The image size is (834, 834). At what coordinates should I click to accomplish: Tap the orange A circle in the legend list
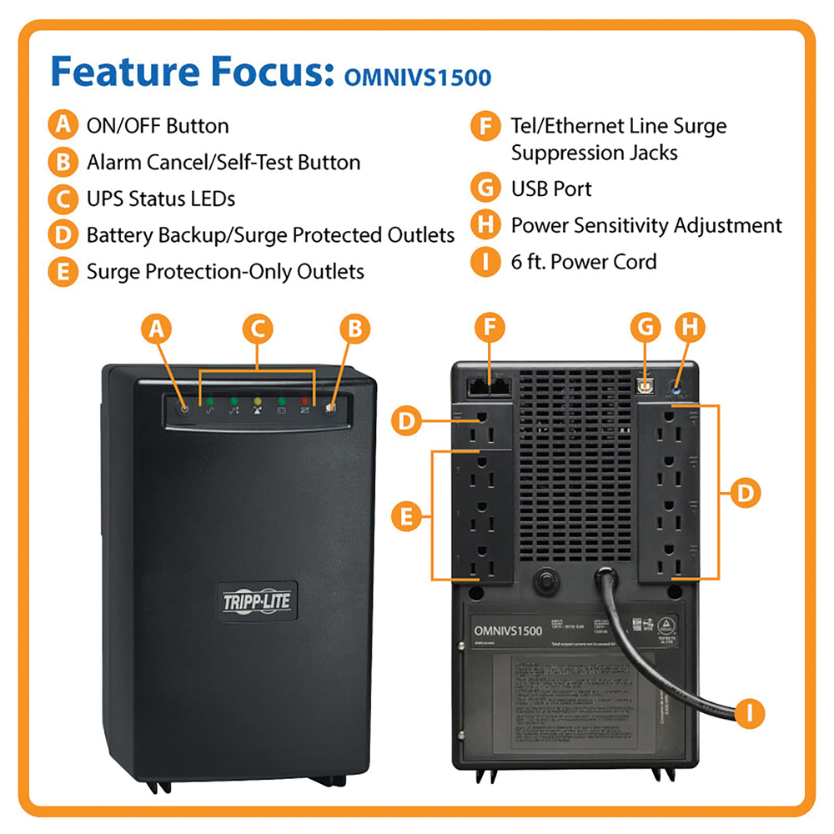click(62, 126)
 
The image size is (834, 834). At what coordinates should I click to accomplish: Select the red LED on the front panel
click(306, 401)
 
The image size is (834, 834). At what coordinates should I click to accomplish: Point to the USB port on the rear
click(644, 384)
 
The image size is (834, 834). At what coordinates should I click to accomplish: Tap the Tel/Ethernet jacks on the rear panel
click(489, 385)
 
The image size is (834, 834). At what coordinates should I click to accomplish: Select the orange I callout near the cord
click(751, 712)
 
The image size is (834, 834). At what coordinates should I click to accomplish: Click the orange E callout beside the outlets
click(406, 516)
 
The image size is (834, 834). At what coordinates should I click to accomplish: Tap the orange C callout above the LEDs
click(258, 329)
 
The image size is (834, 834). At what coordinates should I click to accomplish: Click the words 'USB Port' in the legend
click(550, 189)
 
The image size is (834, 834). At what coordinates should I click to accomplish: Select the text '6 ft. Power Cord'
click(584, 262)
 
